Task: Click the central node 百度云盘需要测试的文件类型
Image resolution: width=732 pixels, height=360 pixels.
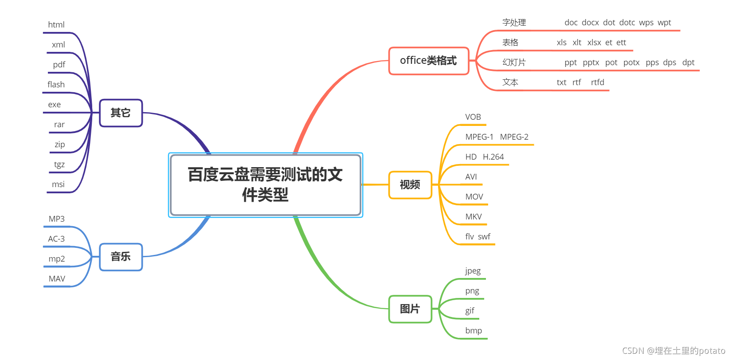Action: (x=265, y=184)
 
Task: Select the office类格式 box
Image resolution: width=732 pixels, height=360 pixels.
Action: (x=428, y=61)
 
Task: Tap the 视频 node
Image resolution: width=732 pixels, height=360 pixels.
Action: (x=410, y=185)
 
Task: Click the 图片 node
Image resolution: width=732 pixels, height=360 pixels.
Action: (x=410, y=309)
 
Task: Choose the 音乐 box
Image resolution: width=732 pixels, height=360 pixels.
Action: (x=121, y=257)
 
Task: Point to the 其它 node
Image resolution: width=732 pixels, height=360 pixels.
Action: (x=121, y=113)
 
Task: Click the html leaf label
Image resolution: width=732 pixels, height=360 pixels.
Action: (x=56, y=25)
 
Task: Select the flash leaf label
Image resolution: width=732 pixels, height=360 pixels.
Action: (x=56, y=85)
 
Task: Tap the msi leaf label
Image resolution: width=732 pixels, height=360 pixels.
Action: (x=58, y=184)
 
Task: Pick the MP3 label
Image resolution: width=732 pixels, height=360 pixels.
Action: (x=57, y=219)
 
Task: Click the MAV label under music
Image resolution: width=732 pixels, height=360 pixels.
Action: (x=57, y=279)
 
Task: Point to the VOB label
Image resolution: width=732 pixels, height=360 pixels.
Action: (x=473, y=117)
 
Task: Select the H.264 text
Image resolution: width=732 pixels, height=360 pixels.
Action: (x=493, y=157)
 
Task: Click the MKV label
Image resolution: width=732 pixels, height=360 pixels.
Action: (x=474, y=217)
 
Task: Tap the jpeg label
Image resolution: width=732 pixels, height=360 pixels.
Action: (x=473, y=271)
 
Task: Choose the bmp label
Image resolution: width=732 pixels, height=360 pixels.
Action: (x=474, y=331)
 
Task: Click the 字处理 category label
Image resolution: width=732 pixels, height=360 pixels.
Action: (x=514, y=23)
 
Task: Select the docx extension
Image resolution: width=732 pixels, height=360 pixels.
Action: (x=590, y=23)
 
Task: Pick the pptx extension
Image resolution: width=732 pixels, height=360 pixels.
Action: (x=591, y=63)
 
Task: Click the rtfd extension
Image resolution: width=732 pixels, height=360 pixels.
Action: (x=598, y=82)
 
